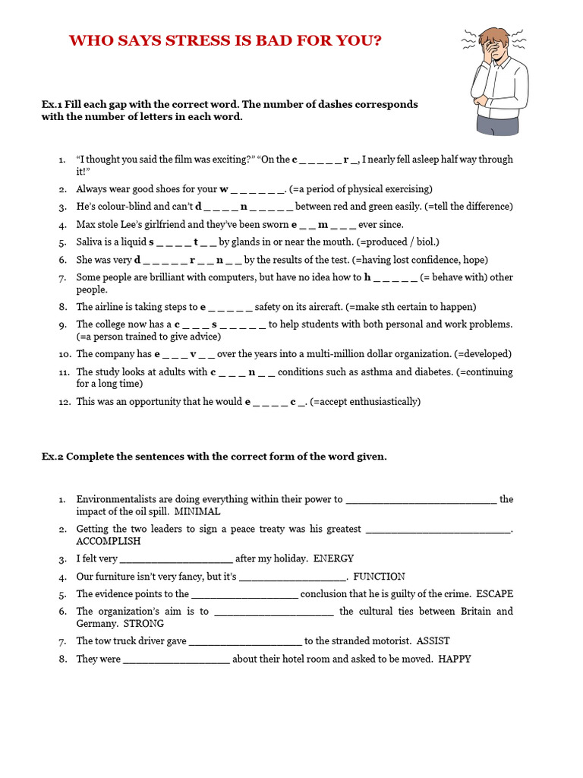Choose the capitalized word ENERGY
(333, 558)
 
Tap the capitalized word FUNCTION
(379, 576)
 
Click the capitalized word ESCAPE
(494, 593)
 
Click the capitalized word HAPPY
(455, 659)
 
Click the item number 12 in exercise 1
(65, 401)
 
